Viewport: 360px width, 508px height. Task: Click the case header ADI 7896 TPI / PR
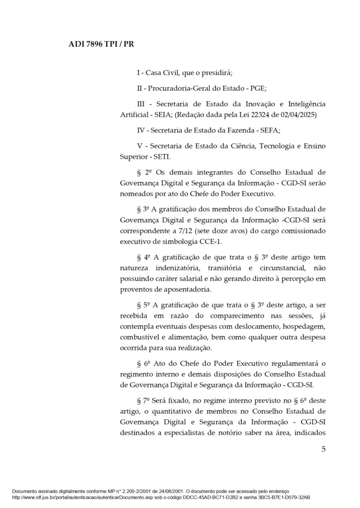tap(100, 44)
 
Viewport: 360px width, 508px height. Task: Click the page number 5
tap(323, 450)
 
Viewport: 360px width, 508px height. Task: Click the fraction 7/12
tap(180, 231)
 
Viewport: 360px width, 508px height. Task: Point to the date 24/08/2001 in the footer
tap(153, 490)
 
